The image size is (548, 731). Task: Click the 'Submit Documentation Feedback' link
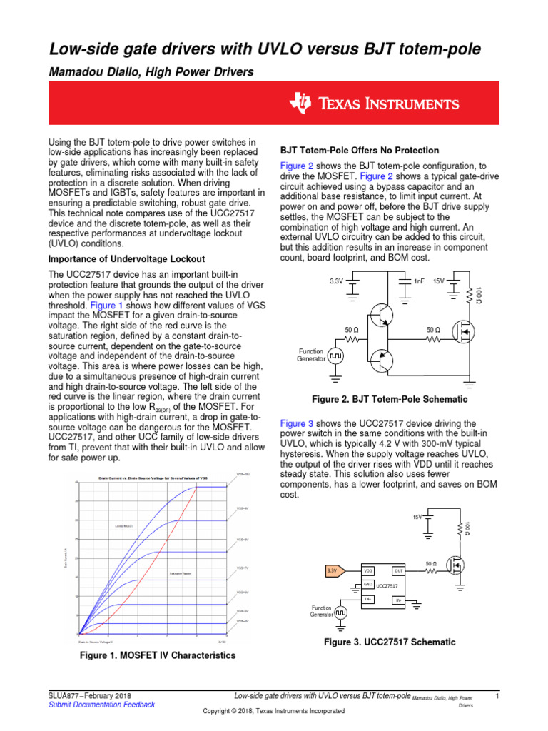pos(101,705)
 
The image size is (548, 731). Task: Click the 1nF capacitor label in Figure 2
pos(419,281)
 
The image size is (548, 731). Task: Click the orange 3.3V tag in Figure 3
pos(334,570)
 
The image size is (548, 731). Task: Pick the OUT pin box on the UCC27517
pos(399,571)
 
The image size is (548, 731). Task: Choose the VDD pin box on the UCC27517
pos(368,571)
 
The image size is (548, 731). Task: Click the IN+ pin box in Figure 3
pos(368,598)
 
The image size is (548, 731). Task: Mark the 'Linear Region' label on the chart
pos(124,525)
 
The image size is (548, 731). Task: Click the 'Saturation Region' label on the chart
pos(181,573)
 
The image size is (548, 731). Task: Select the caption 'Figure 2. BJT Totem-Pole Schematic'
pos(385,399)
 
